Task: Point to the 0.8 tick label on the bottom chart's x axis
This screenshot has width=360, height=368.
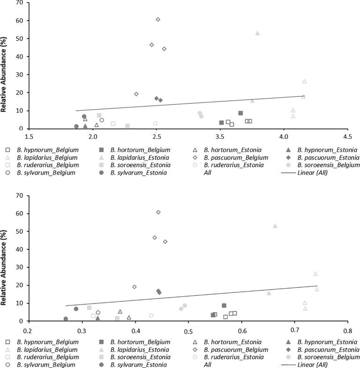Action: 347,329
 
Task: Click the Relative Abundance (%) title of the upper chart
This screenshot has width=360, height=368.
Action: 4,66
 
